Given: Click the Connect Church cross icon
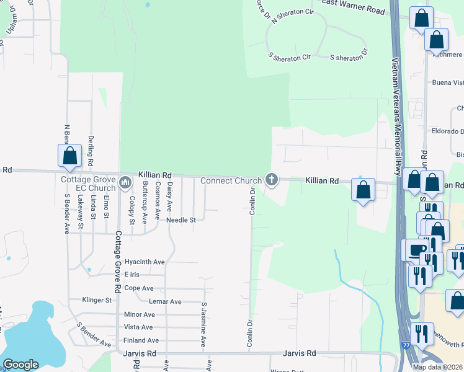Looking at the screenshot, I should pos(271,180).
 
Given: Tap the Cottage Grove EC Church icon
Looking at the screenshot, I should pos(125,182).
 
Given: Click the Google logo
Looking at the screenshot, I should pos(20,365).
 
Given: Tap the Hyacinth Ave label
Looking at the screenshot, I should pos(145,262).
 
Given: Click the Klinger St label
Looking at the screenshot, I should pos(97,300).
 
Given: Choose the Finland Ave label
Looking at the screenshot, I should pos(141,340).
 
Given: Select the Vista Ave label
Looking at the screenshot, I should pos(138,327).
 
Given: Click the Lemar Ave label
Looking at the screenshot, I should pos(166,302).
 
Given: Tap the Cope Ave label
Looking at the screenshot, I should pos(139,288).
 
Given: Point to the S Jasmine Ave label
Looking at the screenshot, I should pos(203,324).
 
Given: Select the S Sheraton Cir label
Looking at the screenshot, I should pos(289,56).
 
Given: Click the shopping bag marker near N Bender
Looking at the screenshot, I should pos(69,156).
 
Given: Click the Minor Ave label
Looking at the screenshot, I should pos(139,314).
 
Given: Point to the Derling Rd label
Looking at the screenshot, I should pos(91,151).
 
